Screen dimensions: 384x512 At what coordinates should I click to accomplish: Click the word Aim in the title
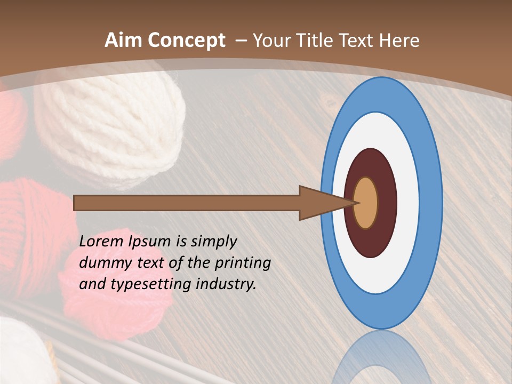click(123, 41)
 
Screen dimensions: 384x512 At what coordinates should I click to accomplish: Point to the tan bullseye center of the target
click(366, 203)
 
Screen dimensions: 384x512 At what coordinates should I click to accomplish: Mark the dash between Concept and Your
click(241, 41)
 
